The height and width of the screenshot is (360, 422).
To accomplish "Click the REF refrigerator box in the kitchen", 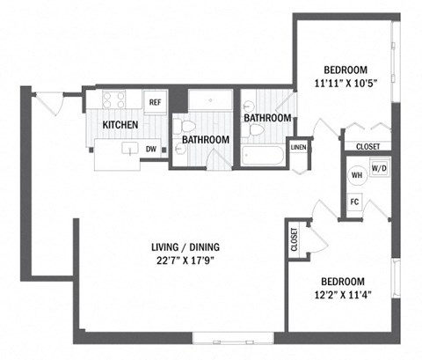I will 155,102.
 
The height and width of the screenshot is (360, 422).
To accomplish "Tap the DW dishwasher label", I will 151,149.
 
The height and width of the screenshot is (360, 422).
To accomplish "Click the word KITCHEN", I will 120,125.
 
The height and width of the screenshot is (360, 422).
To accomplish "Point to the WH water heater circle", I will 358,174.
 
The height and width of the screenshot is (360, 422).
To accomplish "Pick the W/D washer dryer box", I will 380,167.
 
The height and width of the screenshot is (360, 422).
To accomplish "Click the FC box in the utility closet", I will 355,201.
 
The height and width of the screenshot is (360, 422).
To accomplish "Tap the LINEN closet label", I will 299,147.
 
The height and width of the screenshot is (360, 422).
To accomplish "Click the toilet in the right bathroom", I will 256,130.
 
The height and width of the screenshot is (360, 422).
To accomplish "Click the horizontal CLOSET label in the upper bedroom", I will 368,147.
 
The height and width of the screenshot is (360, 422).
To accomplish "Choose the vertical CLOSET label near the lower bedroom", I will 294,239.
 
